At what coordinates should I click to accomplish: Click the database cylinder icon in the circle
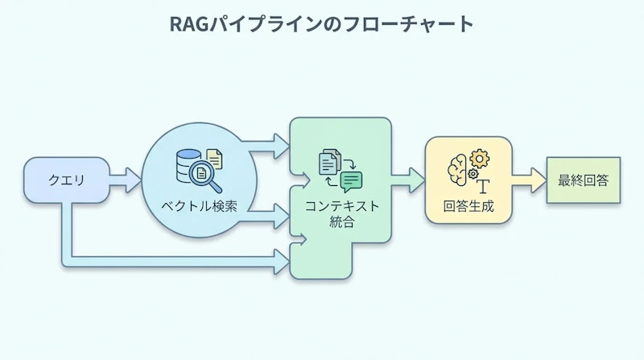point(188,163)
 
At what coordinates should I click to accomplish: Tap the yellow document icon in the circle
point(214,158)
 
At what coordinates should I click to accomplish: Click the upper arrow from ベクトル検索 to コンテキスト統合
point(266,147)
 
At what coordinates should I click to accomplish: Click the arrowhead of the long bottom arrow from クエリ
point(282,259)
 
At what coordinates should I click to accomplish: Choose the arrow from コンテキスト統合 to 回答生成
point(408,179)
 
